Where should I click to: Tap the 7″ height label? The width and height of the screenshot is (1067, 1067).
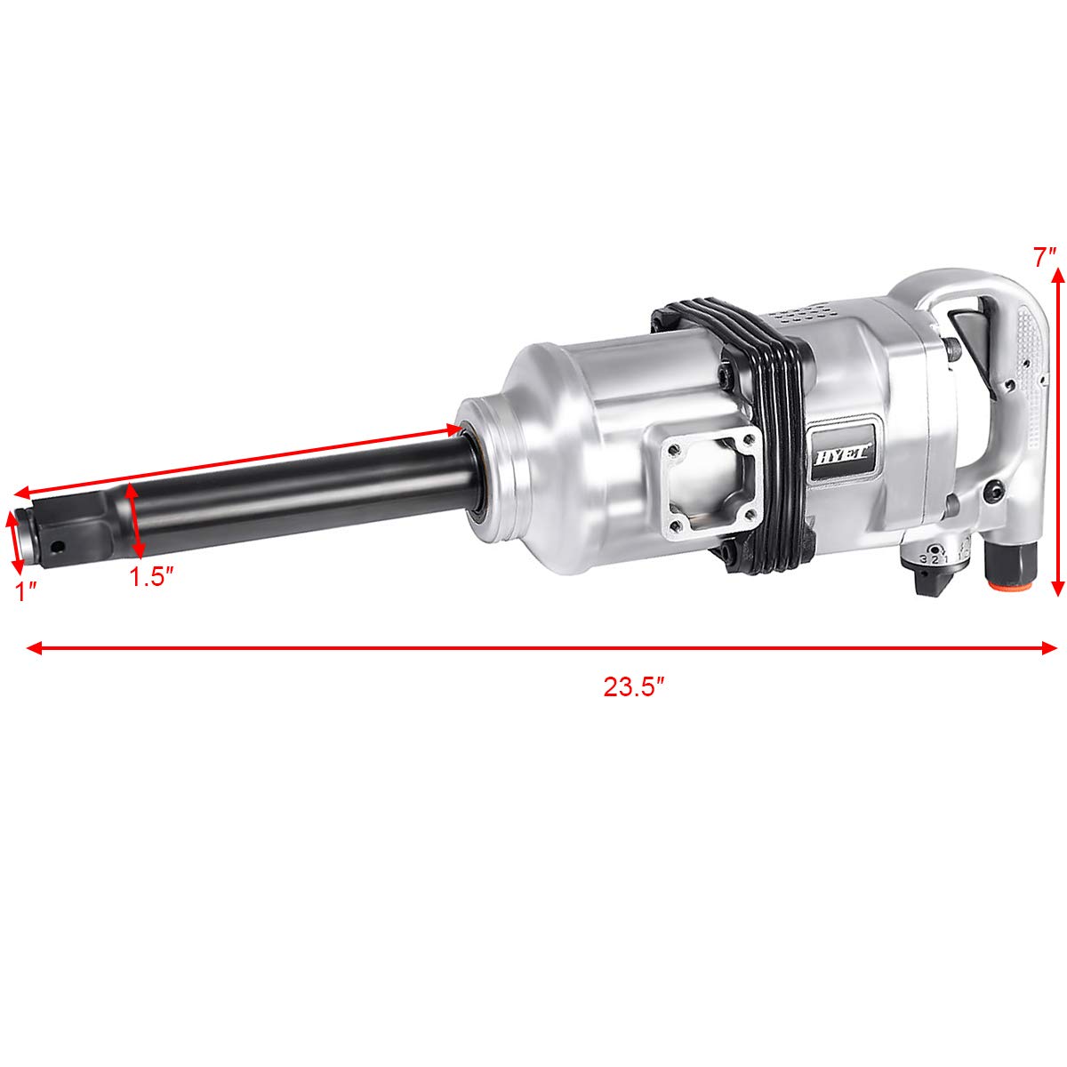pos(1045,258)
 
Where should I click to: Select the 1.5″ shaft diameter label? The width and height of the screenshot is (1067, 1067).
pos(150,577)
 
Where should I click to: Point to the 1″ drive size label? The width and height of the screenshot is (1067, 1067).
pos(26,590)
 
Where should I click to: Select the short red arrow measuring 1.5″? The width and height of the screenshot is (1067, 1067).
pos(135,520)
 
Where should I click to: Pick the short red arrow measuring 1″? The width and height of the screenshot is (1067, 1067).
pos(13,540)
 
